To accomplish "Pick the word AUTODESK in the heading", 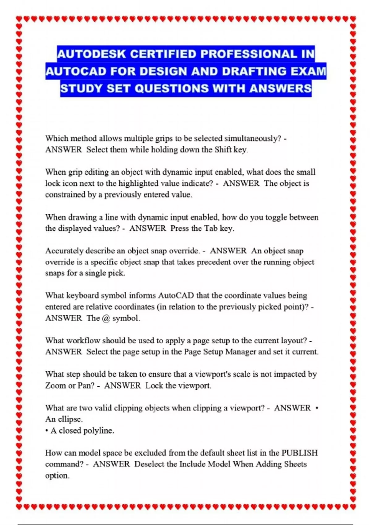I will [x=92, y=54].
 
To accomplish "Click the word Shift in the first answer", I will [x=223, y=150].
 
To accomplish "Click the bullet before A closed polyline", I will [x=47, y=431].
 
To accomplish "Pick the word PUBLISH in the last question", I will [x=299, y=453].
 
